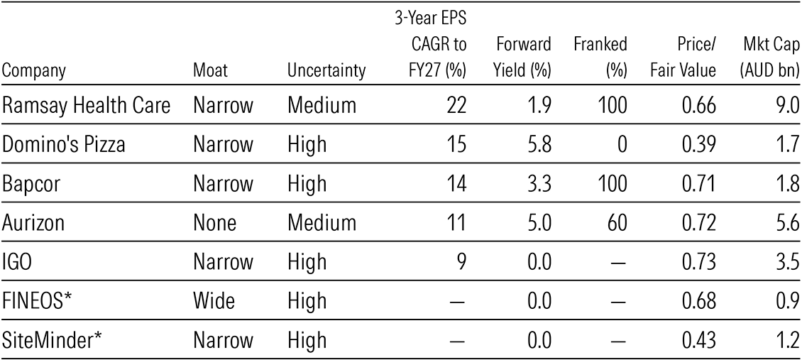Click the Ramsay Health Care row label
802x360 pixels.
(86, 107)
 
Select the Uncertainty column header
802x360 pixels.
(326, 70)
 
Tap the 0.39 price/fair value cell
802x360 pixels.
(699, 145)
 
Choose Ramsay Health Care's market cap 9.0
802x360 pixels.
(784, 107)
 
